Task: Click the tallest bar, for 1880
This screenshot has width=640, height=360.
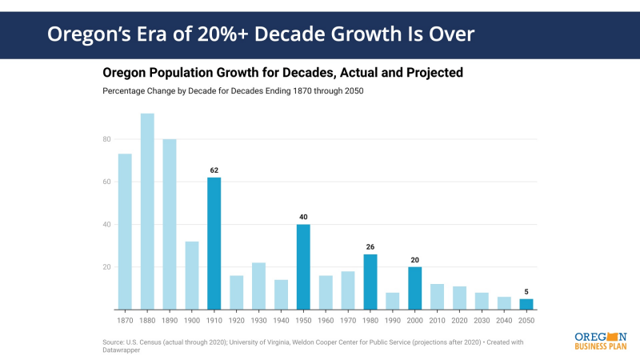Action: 147,212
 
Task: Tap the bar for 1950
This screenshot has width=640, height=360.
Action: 303,266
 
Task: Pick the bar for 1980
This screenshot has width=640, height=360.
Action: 370,282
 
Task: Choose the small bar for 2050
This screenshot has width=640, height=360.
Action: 526,304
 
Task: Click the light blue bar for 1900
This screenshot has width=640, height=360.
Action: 192,275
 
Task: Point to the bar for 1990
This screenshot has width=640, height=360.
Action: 393,301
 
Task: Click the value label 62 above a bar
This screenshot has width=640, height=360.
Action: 214,170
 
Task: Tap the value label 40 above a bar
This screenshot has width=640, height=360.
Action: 303,217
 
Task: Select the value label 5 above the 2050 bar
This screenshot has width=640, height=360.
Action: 526,291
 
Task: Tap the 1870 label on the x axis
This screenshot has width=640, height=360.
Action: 125,319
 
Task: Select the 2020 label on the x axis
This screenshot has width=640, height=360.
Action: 459,319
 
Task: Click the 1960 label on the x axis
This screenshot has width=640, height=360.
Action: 326,319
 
